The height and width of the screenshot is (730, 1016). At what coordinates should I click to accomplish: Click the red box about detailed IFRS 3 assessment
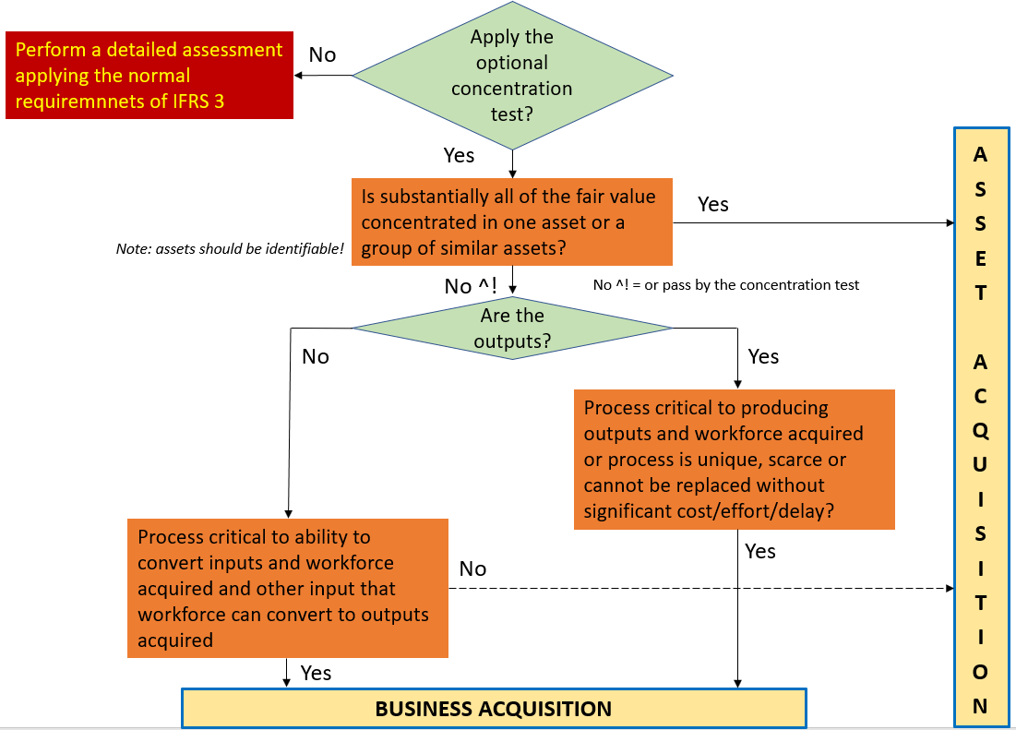click(x=149, y=76)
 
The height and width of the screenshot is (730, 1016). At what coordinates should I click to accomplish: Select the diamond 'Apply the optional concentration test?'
click(x=511, y=76)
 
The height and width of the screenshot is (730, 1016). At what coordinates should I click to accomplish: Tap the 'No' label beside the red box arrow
click(x=322, y=54)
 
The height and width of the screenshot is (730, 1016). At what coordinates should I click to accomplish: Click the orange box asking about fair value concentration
click(x=511, y=222)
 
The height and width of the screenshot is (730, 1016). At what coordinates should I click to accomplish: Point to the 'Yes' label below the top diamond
click(x=459, y=155)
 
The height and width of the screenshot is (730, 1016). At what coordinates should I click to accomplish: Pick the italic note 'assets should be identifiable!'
click(x=230, y=249)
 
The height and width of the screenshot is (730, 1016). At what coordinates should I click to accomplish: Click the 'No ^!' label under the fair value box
click(x=472, y=286)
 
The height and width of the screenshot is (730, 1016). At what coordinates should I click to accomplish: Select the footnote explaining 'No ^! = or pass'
click(x=725, y=285)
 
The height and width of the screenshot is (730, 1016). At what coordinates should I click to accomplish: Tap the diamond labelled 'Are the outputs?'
click(x=511, y=328)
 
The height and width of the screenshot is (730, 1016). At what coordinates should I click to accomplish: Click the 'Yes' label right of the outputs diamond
click(x=763, y=356)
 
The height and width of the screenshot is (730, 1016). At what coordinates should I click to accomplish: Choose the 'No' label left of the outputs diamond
click(x=316, y=356)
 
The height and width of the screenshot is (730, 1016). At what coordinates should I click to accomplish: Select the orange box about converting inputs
click(x=287, y=588)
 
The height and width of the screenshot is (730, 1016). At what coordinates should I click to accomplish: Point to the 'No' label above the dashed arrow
click(x=472, y=568)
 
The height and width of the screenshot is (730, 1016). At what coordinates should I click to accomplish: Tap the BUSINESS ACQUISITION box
click(x=494, y=709)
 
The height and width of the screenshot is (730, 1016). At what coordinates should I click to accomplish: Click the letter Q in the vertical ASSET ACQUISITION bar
click(x=980, y=431)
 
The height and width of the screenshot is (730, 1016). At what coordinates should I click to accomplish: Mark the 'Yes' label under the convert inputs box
click(x=316, y=673)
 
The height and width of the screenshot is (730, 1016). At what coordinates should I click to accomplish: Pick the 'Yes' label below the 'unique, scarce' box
click(x=759, y=551)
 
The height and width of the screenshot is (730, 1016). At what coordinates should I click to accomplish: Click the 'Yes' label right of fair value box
click(x=712, y=204)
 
